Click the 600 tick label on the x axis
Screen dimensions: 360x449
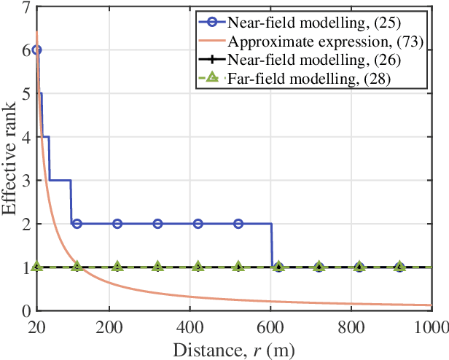271,324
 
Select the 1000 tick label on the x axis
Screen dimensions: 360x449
430,324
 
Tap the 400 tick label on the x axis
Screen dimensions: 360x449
190,324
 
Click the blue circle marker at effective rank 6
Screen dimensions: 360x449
36,50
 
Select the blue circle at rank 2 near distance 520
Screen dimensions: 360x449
238,224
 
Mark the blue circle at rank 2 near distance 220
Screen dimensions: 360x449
117,224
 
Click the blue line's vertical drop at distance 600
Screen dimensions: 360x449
272,246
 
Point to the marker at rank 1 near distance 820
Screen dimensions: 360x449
359,267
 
